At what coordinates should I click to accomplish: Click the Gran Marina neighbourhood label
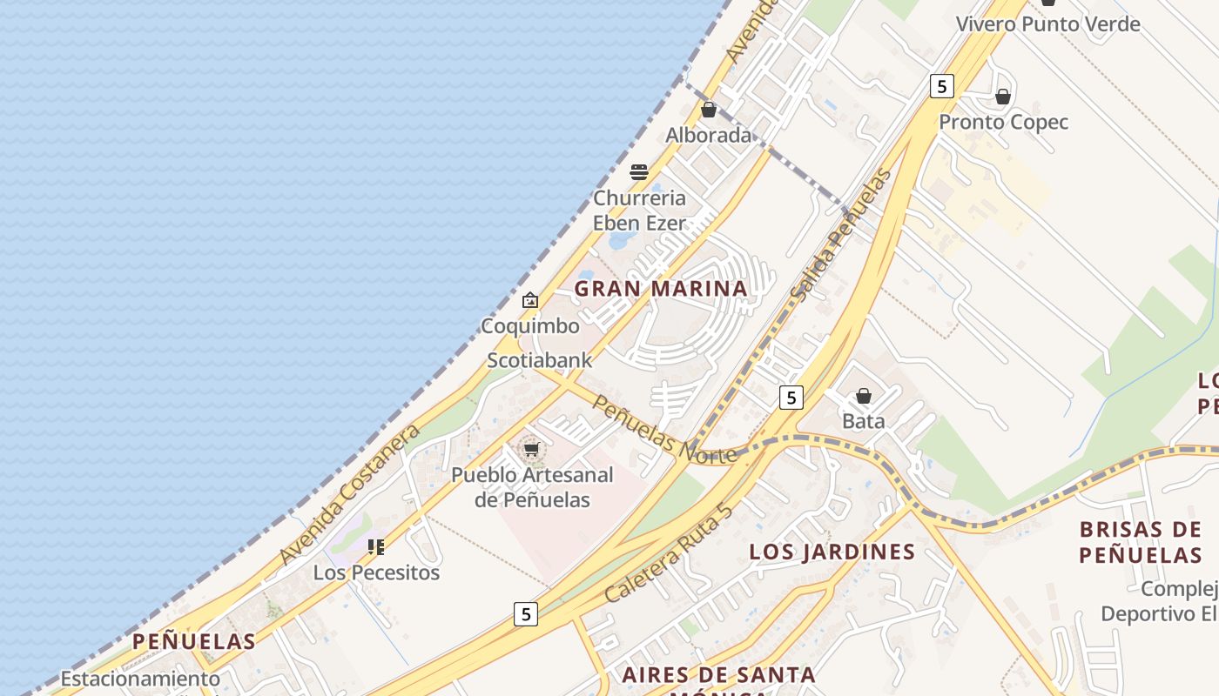(661, 288)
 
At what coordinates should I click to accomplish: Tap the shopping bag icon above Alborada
(709, 110)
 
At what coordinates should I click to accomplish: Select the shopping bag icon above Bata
(864, 397)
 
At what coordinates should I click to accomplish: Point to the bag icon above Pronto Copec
(1003, 97)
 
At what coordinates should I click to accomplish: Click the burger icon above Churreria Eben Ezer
(639, 172)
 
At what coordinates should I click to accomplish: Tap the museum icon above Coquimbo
(530, 300)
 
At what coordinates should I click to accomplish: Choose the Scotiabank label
(539, 360)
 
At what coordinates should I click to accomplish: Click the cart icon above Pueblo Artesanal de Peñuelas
(531, 450)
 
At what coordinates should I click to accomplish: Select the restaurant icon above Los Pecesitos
(376, 547)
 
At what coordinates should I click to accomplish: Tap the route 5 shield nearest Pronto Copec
(941, 86)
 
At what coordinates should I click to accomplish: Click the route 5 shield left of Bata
(791, 398)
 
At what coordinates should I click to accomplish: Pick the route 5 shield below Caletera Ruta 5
(525, 614)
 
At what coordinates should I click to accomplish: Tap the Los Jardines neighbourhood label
(832, 552)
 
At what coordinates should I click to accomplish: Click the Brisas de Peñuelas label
(1141, 542)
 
